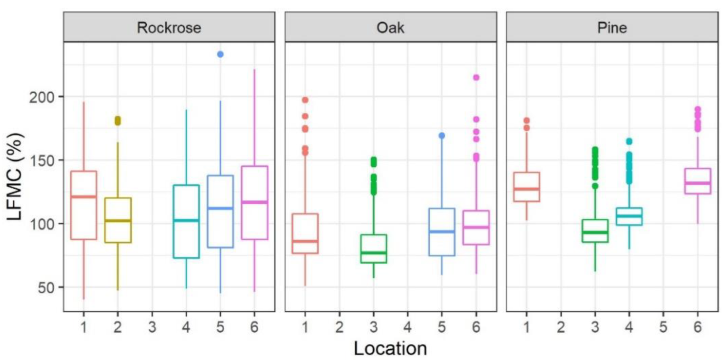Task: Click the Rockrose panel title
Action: click(169, 27)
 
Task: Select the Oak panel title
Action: click(390, 27)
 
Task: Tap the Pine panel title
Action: click(612, 27)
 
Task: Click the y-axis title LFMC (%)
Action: click(16, 177)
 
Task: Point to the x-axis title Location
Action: click(390, 348)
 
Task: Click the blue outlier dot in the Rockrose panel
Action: click(220, 54)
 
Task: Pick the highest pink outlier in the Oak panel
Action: click(476, 78)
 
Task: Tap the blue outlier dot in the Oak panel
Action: click(442, 136)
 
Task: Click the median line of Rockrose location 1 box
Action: click(83, 197)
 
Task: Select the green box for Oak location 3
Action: click(373, 249)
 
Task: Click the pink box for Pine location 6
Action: click(697, 181)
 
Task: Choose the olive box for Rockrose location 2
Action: click(118, 220)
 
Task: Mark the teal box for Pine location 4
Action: click(629, 216)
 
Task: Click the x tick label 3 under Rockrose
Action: click(152, 327)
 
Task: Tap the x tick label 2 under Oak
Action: click(339, 327)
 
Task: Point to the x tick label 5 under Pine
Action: click(663, 327)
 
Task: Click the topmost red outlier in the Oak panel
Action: click(305, 100)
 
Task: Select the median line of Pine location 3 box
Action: click(595, 232)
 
